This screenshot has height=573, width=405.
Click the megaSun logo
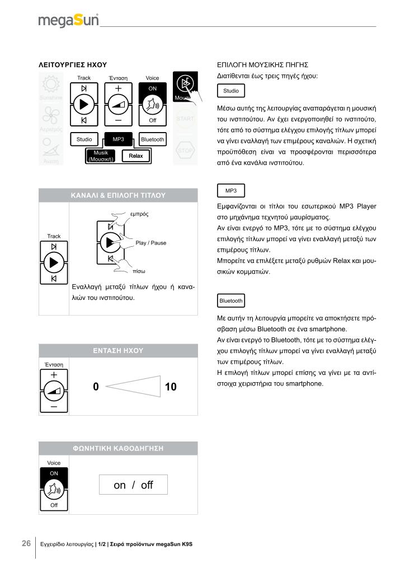[x=68, y=21]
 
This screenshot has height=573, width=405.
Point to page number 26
[x=26, y=543]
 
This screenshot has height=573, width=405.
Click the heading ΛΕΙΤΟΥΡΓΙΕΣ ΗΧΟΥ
[x=72, y=65]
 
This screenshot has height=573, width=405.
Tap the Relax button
[x=136, y=156]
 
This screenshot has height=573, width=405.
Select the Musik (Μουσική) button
[x=100, y=156]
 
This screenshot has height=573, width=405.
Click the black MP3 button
[x=119, y=139]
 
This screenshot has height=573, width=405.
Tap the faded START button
[x=185, y=119]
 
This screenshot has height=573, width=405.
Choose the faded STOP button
[x=185, y=151]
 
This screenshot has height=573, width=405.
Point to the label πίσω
[x=139, y=271]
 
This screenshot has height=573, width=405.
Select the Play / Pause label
[x=150, y=243]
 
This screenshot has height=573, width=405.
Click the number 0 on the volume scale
[x=96, y=387]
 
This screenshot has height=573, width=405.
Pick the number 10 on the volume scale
[x=171, y=387]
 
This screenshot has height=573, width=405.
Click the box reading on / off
[x=133, y=485]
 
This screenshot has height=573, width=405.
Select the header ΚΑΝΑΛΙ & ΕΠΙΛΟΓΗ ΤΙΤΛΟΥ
[x=118, y=195]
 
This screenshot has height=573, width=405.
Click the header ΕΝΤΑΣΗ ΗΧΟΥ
[x=118, y=351]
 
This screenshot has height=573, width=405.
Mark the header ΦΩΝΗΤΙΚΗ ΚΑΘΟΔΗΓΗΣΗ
[x=118, y=448]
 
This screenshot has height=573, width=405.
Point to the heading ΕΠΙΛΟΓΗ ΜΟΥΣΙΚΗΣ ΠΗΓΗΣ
[x=262, y=65]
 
